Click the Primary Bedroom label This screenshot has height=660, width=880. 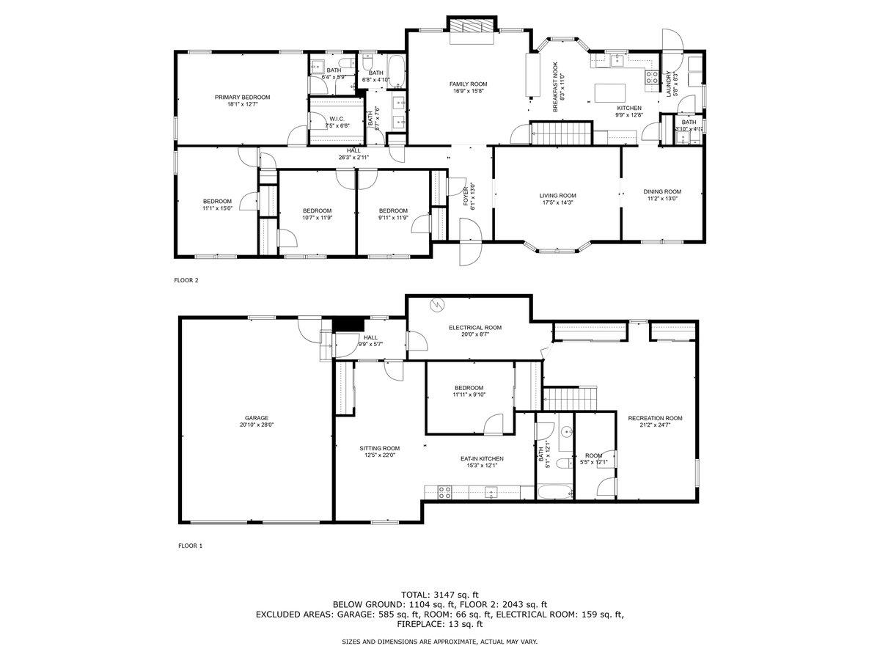pos(242,97)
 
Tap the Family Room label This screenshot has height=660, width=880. pos(468,84)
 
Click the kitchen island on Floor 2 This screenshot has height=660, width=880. pos(610,92)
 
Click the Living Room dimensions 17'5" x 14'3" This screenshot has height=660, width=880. pos(557,203)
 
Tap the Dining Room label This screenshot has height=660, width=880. pos(663,191)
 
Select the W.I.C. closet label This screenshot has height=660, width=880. pos(337,118)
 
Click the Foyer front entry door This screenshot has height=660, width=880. pos(467,253)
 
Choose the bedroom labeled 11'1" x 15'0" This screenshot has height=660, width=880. pos(217,205)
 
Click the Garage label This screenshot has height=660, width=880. pos(256,417)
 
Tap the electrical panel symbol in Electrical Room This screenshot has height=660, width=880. pos(437,304)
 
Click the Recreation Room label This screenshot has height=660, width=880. pos(655,418)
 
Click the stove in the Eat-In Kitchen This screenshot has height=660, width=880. pos(444,492)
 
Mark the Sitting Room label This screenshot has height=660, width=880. pos(379,448)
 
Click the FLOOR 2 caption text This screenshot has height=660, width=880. pos(186,280)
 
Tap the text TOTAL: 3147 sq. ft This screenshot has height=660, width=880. pos(440,594)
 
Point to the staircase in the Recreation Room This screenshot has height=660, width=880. pos(572,399)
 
